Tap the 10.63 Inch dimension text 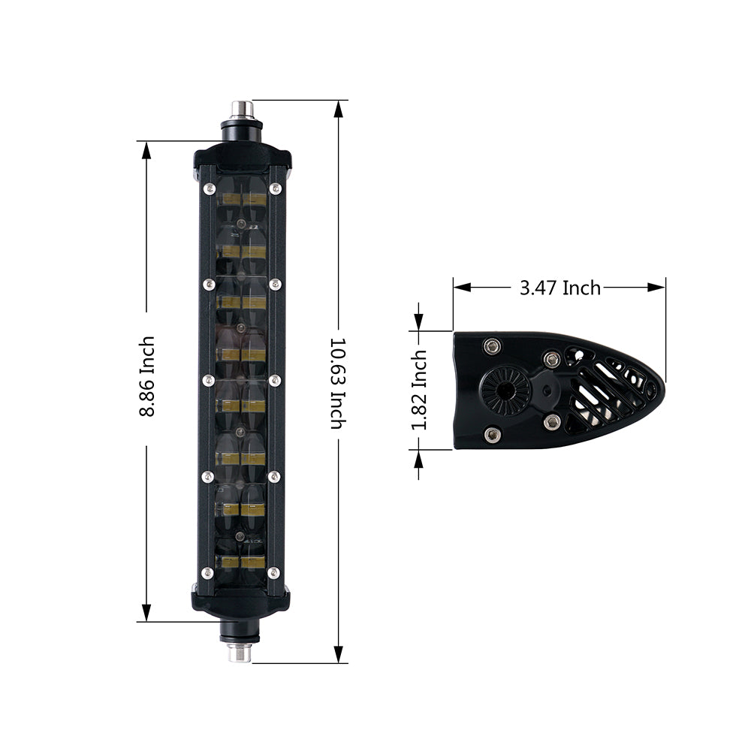point(338,382)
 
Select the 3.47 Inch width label point(559,288)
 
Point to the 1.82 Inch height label point(419,390)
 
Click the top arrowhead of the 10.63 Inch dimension point(338,108)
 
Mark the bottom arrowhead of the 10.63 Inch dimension point(338,655)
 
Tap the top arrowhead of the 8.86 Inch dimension point(147,149)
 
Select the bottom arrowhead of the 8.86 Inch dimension point(147,613)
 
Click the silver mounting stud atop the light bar point(241,110)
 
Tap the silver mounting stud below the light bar point(240,653)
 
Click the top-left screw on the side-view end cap point(492,346)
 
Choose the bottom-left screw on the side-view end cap point(492,434)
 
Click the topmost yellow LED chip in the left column point(229,200)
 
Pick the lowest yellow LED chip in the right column point(254,561)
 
